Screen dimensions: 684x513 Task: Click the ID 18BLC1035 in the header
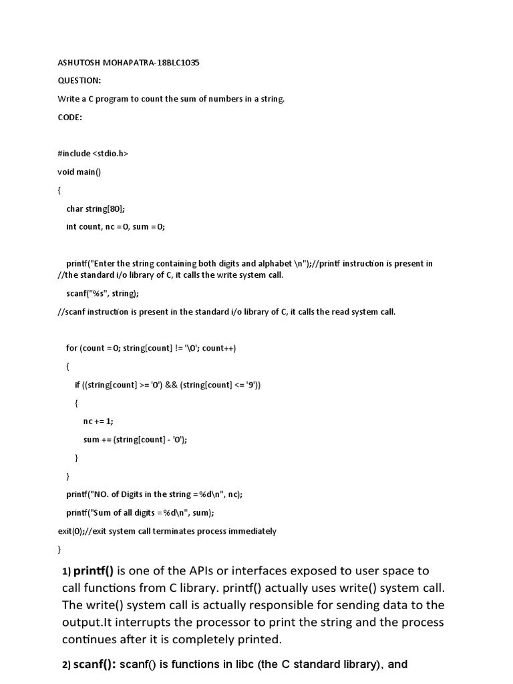pos(176,63)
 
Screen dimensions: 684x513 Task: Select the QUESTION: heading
pos(79,81)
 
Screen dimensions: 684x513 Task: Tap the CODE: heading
pos(69,117)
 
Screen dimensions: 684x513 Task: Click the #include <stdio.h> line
pos(93,154)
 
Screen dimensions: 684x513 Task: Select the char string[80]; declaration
pos(96,208)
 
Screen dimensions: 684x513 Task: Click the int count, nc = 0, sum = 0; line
pos(115,226)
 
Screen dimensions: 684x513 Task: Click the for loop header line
pos(151,348)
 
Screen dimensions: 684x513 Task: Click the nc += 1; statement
pos(98,421)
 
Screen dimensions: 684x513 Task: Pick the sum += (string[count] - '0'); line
pos(135,440)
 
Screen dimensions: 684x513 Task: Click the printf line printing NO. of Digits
pos(154,494)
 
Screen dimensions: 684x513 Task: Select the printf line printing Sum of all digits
pos(140,512)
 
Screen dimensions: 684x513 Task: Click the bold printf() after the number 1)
pos(94,571)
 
